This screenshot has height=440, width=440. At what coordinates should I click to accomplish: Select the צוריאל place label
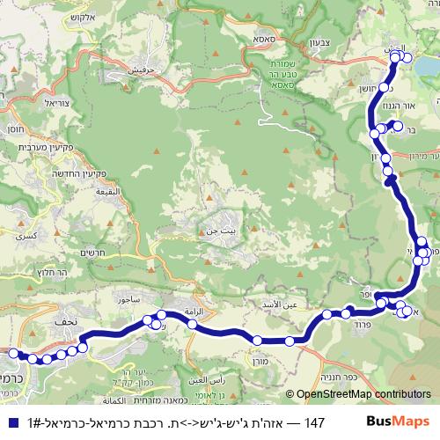pos(54,103)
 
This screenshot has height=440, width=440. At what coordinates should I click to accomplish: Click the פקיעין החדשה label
pos(29,172)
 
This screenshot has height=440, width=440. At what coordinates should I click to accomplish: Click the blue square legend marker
pos(10,422)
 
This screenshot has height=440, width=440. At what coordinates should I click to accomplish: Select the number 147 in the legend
pos(315,422)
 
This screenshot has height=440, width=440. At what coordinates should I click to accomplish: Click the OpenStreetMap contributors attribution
pos(361,394)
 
